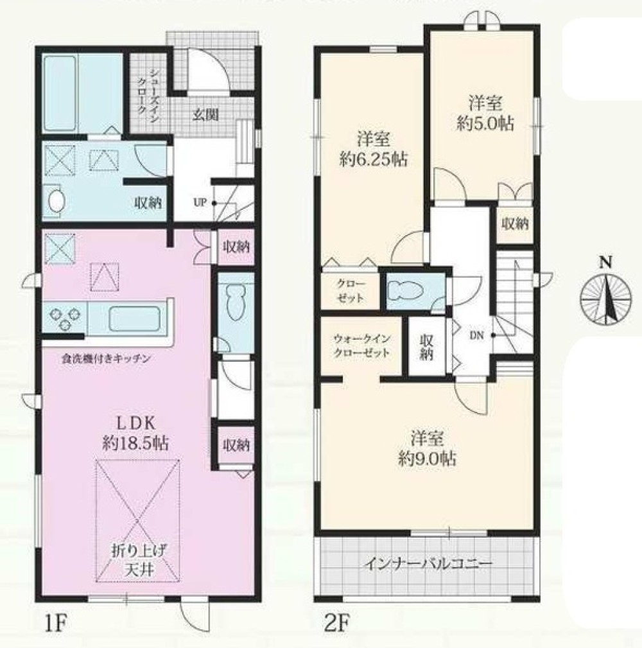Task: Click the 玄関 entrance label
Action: (205, 115)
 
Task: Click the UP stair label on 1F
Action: (200, 204)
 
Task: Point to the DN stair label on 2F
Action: (476, 336)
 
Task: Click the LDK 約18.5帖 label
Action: (135, 433)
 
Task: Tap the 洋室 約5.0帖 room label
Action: (485, 113)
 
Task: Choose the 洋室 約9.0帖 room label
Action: (427, 448)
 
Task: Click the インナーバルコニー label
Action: (428, 564)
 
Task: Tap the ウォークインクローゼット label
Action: (361, 346)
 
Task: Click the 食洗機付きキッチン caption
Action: (105, 359)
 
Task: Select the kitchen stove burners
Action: (64, 317)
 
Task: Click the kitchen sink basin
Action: (134, 318)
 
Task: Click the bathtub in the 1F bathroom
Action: (60, 93)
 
